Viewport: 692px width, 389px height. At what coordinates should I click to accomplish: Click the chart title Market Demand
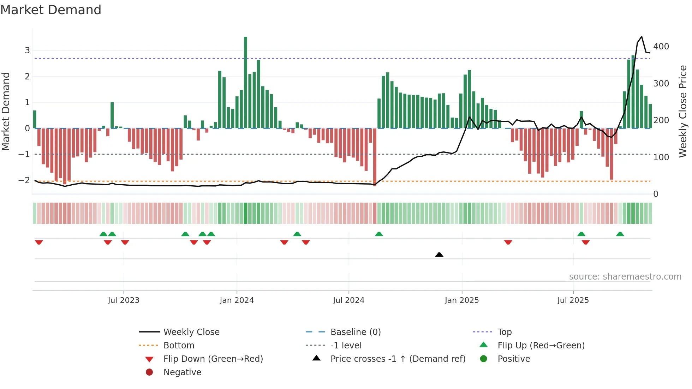(x=51, y=10)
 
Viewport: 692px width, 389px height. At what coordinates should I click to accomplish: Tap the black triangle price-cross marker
(x=439, y=255)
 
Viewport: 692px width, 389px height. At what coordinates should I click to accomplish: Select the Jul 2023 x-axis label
(x=124, y=300)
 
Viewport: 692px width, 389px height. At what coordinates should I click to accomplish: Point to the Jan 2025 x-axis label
(x=461, y=300)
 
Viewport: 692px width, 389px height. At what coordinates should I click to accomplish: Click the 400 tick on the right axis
(x=661, y=47)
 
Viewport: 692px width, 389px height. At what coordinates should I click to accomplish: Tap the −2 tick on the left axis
(x=24, y=180)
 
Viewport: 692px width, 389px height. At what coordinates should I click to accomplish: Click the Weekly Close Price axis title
(x=683, y=111)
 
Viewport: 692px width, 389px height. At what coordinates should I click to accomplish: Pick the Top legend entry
(x=504, y=332)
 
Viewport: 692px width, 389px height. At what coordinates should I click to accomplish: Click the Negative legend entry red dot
(x=149, y=372)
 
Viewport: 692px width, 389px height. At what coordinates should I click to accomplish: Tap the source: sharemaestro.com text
(x=625, y=277)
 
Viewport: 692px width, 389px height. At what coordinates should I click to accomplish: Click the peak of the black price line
(x=642, y=37)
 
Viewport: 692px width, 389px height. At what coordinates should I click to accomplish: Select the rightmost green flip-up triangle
(x=620, y=234)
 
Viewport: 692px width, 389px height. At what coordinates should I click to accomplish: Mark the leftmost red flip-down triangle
(x=39, y=242)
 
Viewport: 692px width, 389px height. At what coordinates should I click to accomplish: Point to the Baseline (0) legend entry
(x=355, y=332)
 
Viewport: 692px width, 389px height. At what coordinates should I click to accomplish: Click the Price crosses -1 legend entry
(x=398, y=359)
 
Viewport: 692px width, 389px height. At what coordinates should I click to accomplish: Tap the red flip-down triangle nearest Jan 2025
(x=508, y=242)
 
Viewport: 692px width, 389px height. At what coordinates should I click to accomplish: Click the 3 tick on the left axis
(x=27, y=50)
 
